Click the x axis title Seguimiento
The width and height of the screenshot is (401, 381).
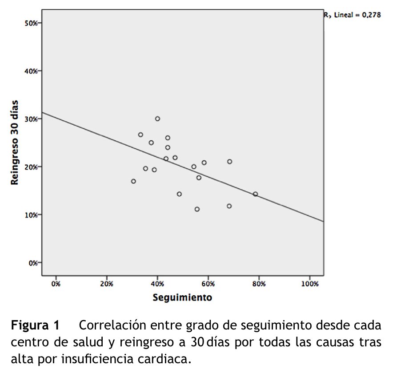[x=182, y=297]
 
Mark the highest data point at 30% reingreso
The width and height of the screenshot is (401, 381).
[x=157, y=119]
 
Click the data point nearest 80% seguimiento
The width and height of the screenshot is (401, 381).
[x=255, y=194]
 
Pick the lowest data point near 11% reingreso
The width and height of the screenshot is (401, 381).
[x=197, y=209]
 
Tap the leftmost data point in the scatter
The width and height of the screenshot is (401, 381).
[x=133, y=181]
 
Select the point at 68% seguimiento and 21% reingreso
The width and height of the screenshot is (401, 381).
[x=229, y=162]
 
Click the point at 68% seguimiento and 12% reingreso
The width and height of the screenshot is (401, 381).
[x=229, y=206]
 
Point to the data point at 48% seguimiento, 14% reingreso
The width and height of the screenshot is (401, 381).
[x=179, y=194]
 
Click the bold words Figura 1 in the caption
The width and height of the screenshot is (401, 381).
[x=35, y=326]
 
